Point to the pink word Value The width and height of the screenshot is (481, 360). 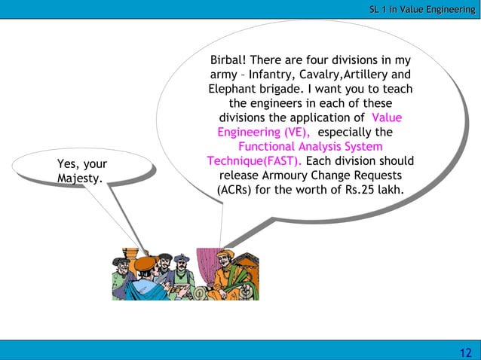click(387, 117)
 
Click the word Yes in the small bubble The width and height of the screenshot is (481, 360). click(68, 164)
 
